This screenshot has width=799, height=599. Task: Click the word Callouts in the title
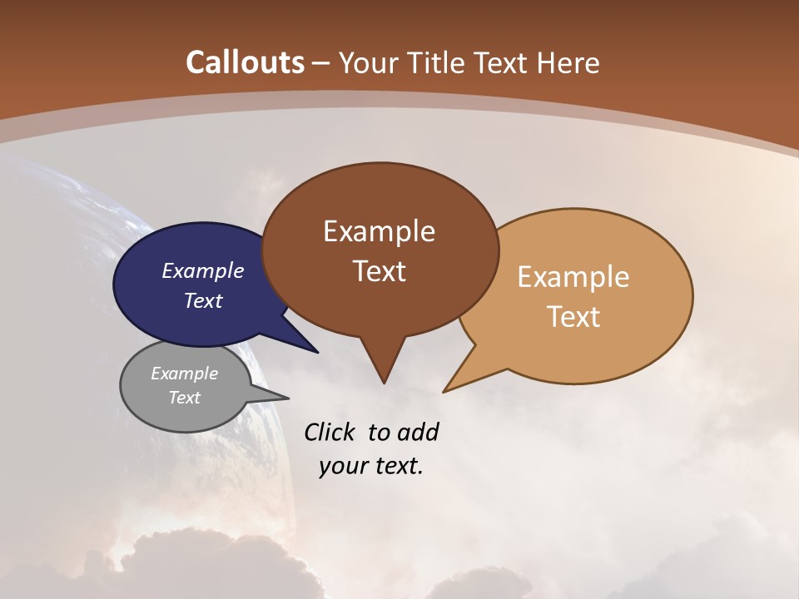tap(245, 62)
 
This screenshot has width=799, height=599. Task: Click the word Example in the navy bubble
tap(202, 271)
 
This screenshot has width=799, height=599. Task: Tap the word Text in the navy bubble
tap(202, 300)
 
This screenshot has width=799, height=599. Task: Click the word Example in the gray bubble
tap(184, 374)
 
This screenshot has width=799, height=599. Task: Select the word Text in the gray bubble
tap(184, 398)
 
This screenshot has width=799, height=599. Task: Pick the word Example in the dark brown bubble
tap(379, 231)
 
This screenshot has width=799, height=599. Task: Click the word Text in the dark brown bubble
tap(379, 271)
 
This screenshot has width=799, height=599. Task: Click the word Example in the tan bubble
tap(573, 277)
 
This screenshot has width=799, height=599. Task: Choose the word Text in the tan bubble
tap(573, 317)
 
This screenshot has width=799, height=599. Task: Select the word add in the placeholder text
tap(417, 432)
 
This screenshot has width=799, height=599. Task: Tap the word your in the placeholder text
tap(344, 466)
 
